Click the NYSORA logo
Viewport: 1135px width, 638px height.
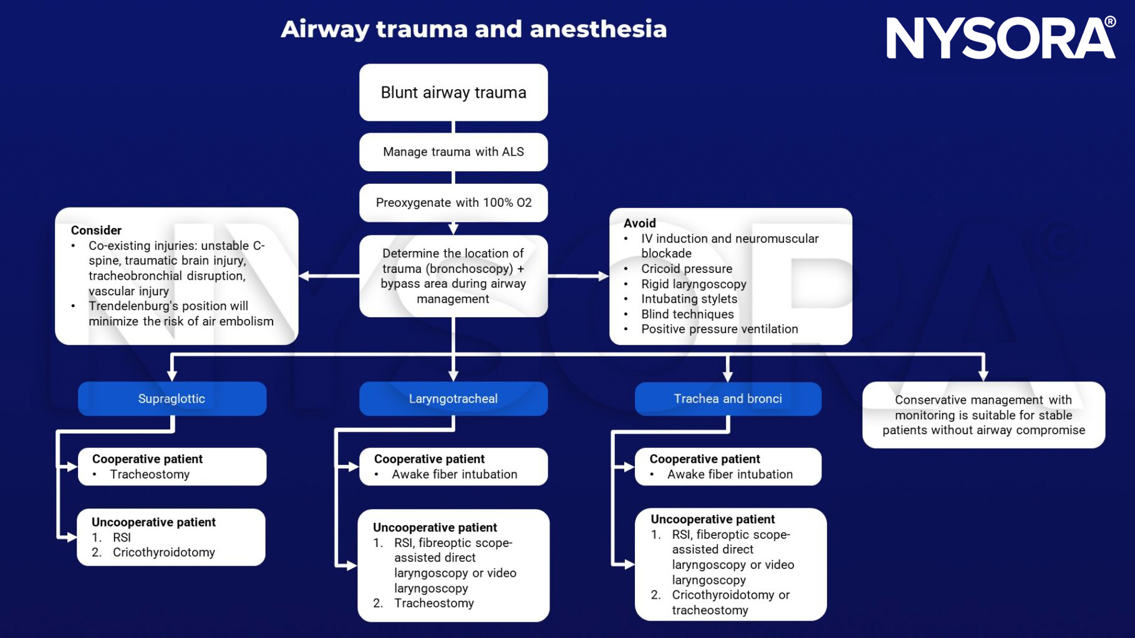pyautogui.click(x=1000, y=39)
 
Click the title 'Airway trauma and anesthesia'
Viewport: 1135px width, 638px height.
pyautogui.click(x=473, y=29)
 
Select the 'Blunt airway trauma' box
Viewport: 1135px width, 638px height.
pyautogui.click(x=453, y=92)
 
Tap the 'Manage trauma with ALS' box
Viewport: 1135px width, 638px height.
pyautogui.click(x=453, y=152)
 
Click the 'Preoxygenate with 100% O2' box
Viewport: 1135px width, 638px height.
pyautogui.click(x=453, y=202)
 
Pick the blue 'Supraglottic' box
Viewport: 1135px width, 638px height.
pyautogui.click(x=171, y=399)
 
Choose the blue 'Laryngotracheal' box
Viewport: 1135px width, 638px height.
pyautogui.click(x=453, y=399)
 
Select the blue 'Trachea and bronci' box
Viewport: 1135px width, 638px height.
pyautogui.click(x=728, y=399)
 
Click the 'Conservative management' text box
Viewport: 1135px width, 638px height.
pyautogui.click(x=983, y=415)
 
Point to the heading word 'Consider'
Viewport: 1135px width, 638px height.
pyautogui.click(x=96, y=230)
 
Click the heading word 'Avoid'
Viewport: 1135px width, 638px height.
pyautogui.click(x=640, y=223)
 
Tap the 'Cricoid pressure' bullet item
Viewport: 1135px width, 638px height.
pyautogui.click(x=687, y=269)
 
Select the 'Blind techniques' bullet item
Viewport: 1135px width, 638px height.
pyautogui.click(x=687, y=314)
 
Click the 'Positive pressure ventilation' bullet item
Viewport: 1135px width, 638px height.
pyautogui.click(x=720, y=329)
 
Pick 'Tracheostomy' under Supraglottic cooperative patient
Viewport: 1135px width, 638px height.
pyautogui.click(x=150, y=474)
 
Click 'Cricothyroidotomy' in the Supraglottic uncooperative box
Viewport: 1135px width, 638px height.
pyautogui.click(x=163, y=552)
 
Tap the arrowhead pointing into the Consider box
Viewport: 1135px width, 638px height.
pyautogui.click(x=304, y=275)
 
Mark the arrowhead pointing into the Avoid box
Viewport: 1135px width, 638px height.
pyautogui.click(x=603, y=275)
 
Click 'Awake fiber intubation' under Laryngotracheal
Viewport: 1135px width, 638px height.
pyautogui.click(x=455, y=474)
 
